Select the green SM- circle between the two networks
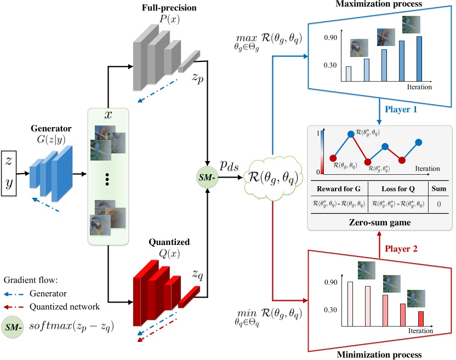coord(207,176)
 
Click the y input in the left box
coord(9,183)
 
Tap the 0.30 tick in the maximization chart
coord(330,65)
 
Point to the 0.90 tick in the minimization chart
coord(330,283)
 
